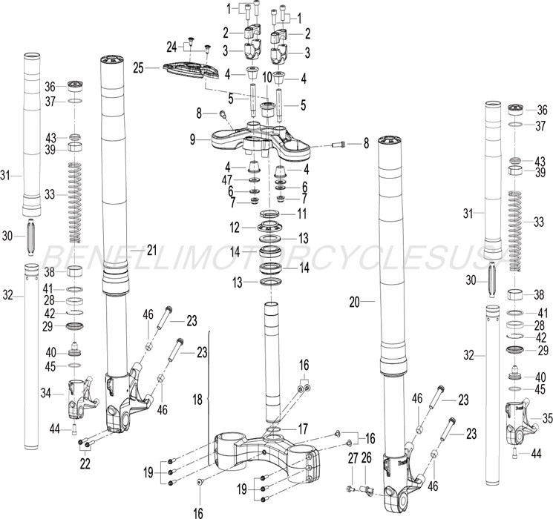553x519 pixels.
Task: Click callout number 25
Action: click(x=137, y=68)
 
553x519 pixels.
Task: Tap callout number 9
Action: click(x=192, y=138)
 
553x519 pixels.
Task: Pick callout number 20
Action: click(x=353, y=302)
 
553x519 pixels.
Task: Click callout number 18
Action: click(x=197, y=400)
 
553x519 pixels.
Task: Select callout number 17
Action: click(x=303, y=428)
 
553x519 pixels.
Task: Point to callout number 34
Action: click(x=46, y=392)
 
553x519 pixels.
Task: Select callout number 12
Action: click(x=234, y=226)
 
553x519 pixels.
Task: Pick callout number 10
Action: click(x=266, y=76)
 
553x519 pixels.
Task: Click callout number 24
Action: click(x=171, y=47)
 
